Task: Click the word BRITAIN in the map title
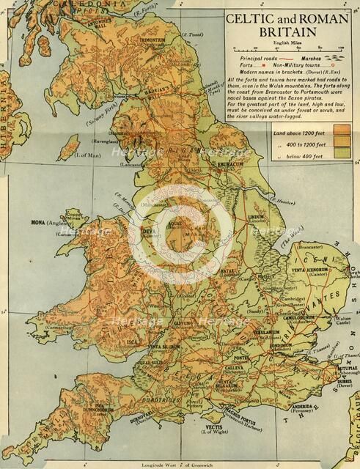[286, 32]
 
